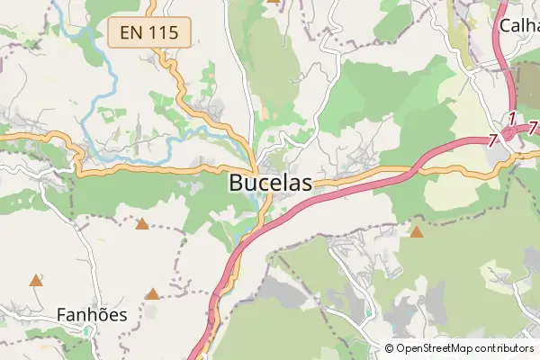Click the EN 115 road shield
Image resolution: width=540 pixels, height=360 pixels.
click(150, 32)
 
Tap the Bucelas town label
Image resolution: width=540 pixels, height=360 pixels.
click(271, 183)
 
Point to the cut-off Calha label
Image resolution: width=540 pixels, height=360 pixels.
click(519, 24)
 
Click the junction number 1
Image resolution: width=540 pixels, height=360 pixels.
click(511, 118)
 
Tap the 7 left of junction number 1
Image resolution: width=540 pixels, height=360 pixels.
click(493, 139)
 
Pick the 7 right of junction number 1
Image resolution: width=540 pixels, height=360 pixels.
click(532, 129)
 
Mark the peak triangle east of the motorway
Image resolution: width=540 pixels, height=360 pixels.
click(417, 232)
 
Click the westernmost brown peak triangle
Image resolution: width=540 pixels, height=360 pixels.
click(35, 281)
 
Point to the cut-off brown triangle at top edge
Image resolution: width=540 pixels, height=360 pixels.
click(274, 2)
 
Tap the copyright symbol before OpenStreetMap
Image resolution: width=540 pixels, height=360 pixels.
click(389, 348)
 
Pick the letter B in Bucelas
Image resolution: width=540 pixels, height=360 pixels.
click(238, 183)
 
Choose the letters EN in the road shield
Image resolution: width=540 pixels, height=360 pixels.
click(131, 32)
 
